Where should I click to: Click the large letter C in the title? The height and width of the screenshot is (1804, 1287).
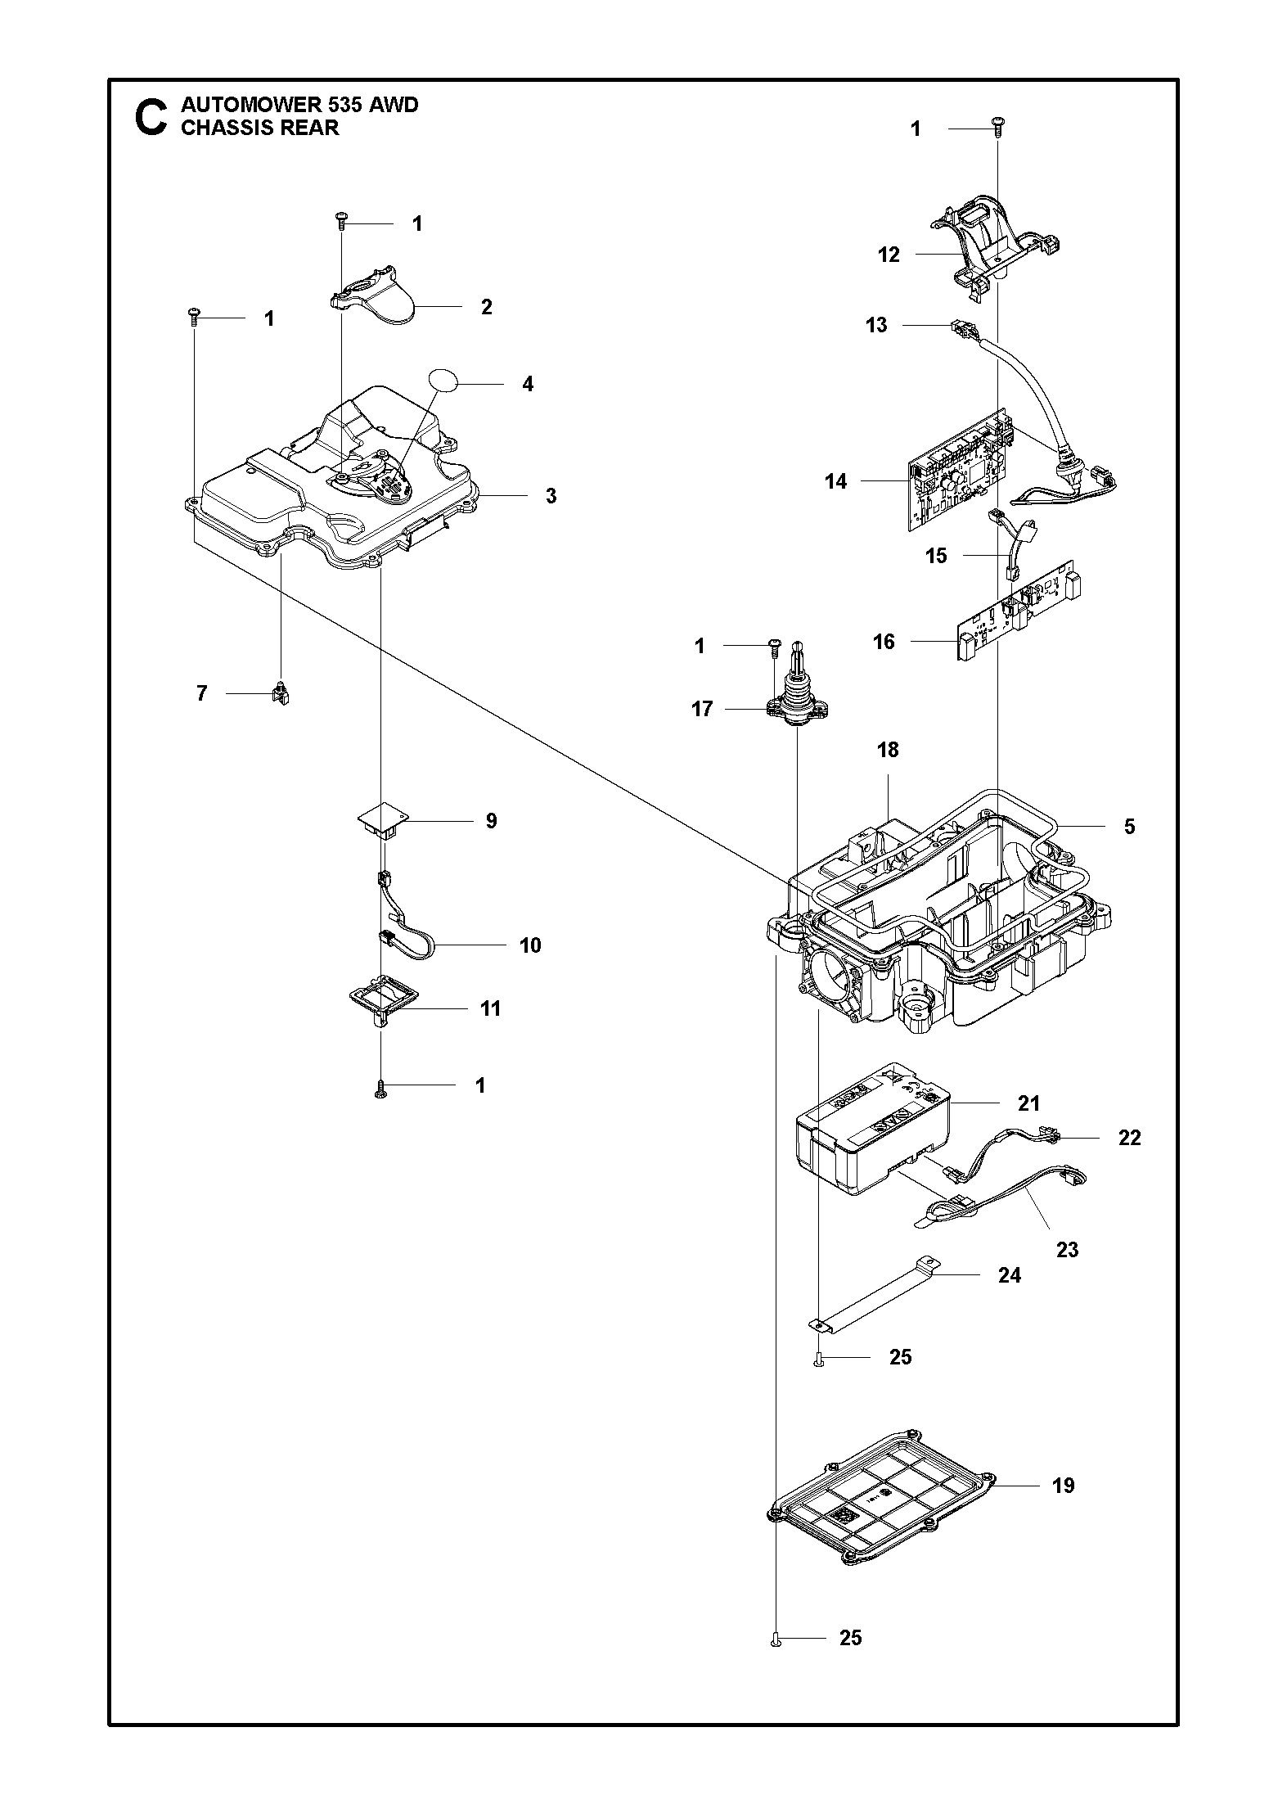coord(151,117)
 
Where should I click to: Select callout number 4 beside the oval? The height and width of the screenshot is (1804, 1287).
coord(528,384)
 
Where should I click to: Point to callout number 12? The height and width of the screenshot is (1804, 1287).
coord(889,255)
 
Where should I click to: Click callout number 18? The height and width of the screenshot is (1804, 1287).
coord(888,749)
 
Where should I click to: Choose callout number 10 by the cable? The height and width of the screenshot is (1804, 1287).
coord(530,945)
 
